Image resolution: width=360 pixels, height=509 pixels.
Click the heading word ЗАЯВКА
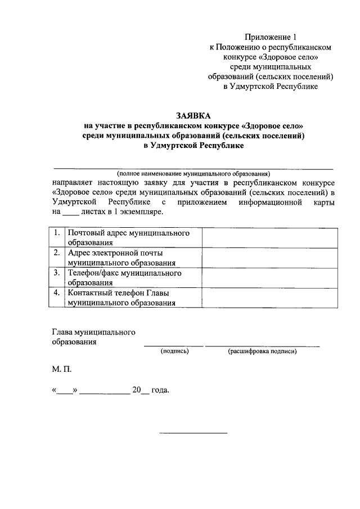click(192, 115)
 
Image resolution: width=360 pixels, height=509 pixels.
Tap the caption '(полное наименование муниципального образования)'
click(193, 174)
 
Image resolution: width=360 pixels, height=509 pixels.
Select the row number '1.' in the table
click(57, 233)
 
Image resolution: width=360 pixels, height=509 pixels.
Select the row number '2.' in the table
click(57, 253)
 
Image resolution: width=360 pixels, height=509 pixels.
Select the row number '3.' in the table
click(57, 273)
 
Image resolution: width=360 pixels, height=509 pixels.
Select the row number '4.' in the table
click(57, 292)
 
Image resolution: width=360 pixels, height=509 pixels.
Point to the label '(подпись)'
click(174, 352)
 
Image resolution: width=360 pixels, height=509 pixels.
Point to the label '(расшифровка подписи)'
click(262, 352)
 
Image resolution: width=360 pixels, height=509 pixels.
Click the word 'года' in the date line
click(160, 390)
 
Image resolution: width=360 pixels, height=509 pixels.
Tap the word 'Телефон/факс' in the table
click(93, 273)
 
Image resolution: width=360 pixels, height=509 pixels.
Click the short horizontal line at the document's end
click(193, 433)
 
